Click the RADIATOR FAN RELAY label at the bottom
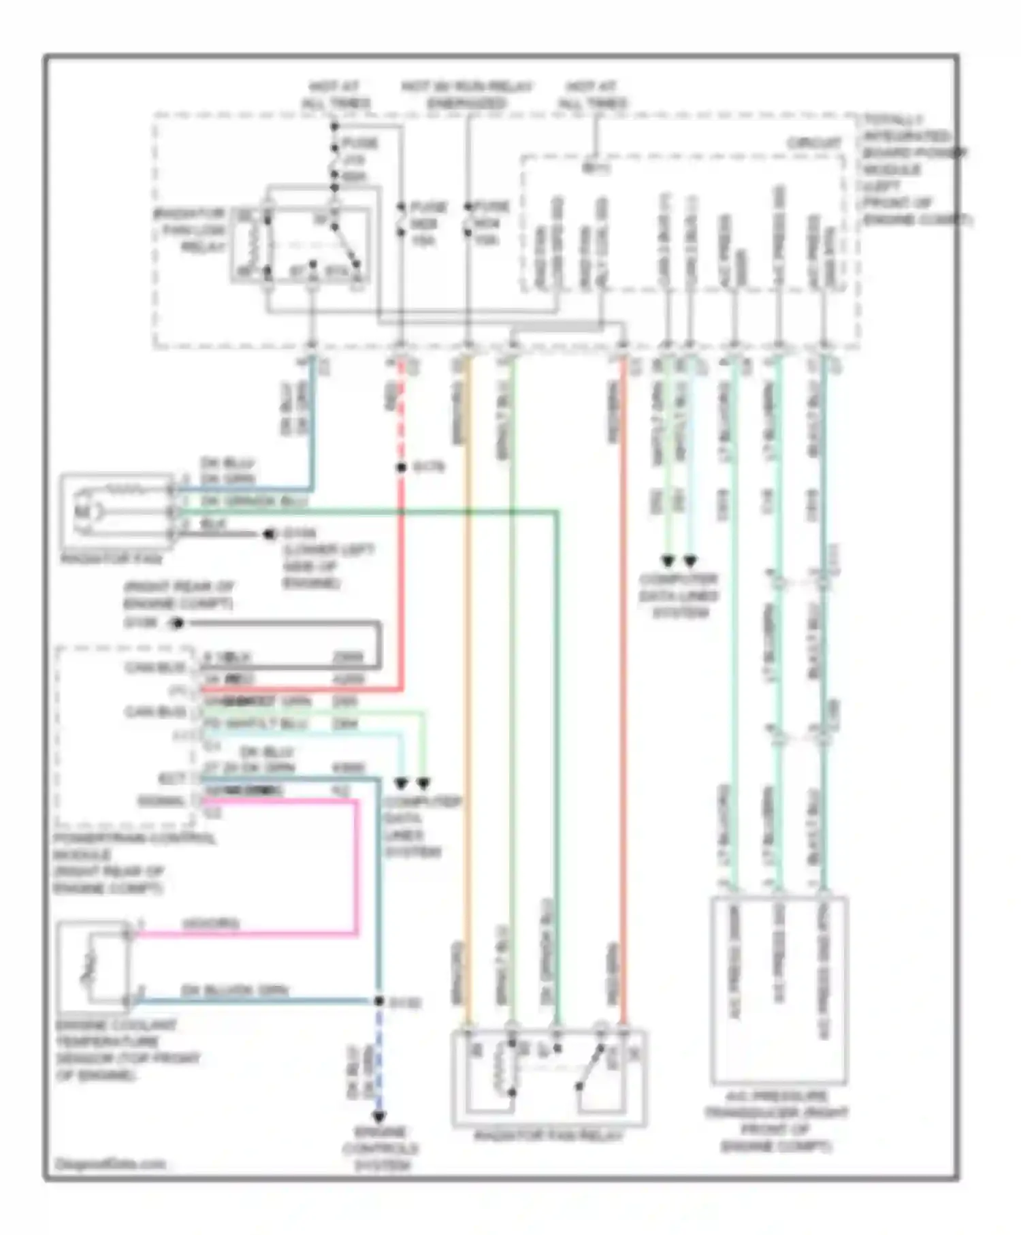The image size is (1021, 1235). pos(549,1136)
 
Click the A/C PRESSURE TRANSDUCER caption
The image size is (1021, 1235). pos(776,1121)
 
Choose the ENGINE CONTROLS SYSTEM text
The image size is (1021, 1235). pos(380,1149)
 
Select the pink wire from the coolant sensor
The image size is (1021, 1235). pos(356,865)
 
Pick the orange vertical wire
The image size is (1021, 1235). pos(467,681)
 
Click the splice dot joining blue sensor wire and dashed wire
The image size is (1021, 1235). pos(379,1001)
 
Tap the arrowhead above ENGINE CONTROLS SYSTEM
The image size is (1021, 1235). pos(379,1117)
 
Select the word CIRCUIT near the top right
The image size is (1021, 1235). pos(814,143)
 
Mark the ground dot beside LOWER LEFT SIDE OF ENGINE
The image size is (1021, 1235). pos(269,534)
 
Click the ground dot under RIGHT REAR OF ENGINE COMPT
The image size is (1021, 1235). pos(178,623)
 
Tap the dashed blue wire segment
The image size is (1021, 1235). pos(379,1055)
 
